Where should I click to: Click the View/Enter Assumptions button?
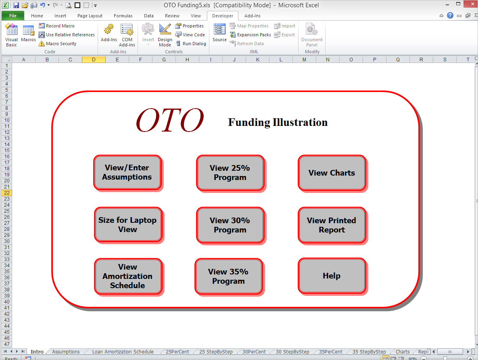(127, 172)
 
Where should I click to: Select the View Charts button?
(332, 173)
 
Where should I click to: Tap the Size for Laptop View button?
(128, 225)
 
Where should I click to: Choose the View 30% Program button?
(230, 225)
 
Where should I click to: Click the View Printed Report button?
(332, 225)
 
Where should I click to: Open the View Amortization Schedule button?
(128, 276)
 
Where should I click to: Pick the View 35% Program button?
(229, 276)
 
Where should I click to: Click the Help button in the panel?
(332, 276)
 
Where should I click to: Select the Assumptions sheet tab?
(66, 352)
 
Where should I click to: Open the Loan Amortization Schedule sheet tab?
(123, 352)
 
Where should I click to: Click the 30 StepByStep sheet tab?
(292, 352)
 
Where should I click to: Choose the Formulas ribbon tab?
(123, 16)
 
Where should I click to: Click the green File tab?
(13, 16)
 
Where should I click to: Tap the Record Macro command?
(57, 26)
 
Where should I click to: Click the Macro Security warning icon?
(42, 44)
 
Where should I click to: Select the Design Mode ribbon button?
(165, 35)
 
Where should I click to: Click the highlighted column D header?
(94, 59)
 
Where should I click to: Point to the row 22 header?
(7, 193)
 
